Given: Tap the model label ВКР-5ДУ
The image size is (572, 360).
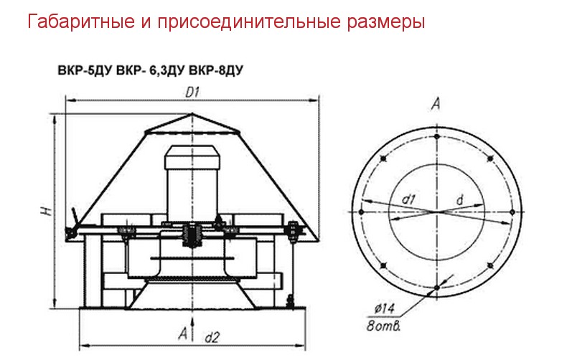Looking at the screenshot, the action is click(84, 70).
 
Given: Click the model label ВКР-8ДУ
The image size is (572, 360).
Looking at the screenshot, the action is click(216, 70).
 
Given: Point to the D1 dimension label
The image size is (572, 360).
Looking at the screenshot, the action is click(192, 93).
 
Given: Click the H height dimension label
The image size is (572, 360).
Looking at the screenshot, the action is click(47, 211).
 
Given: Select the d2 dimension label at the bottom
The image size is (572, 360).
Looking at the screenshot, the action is click(212, 338).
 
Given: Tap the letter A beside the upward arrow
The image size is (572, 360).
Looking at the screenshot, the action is click(183, 333).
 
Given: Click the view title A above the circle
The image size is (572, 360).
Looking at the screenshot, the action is click(436, 105).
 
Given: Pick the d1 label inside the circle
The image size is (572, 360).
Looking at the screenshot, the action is click(408, 199).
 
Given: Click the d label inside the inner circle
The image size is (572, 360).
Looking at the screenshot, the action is click(460, 199).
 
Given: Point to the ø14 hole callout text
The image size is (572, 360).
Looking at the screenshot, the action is click(385, 309).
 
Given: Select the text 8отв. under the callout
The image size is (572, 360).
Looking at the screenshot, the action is click(384, 326).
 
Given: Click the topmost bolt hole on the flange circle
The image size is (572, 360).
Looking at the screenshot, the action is click(436, 137).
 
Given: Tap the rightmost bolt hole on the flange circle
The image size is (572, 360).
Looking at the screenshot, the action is click(512, 212).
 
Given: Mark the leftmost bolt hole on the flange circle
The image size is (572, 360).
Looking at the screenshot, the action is click(361, 212).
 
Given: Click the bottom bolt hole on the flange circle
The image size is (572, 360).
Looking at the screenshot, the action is click(436, 288).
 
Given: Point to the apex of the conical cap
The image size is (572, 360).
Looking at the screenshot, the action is click(192, 114).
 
